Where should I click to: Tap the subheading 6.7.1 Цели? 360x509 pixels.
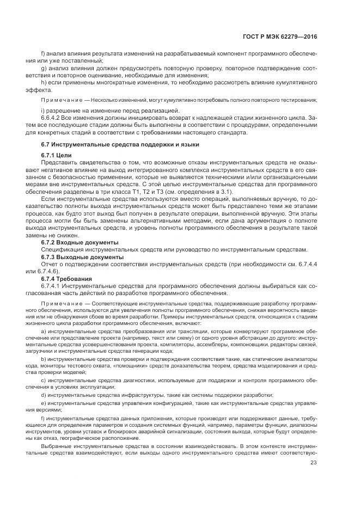[x=56, y=156]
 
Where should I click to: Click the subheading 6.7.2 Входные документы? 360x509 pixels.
[x=80, y=242]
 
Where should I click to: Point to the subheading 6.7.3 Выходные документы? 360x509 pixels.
[x=82, y=256]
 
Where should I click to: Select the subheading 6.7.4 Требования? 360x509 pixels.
[x=66, y=278]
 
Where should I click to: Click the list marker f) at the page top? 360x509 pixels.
[x=43, y=54]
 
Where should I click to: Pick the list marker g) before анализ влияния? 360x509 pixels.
[x=43, y=69]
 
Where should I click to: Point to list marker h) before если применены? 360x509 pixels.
[x=43, y=82]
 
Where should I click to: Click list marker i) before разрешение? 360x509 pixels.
[x=42, y=111]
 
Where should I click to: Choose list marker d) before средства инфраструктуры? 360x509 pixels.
[x=43, y=395]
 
